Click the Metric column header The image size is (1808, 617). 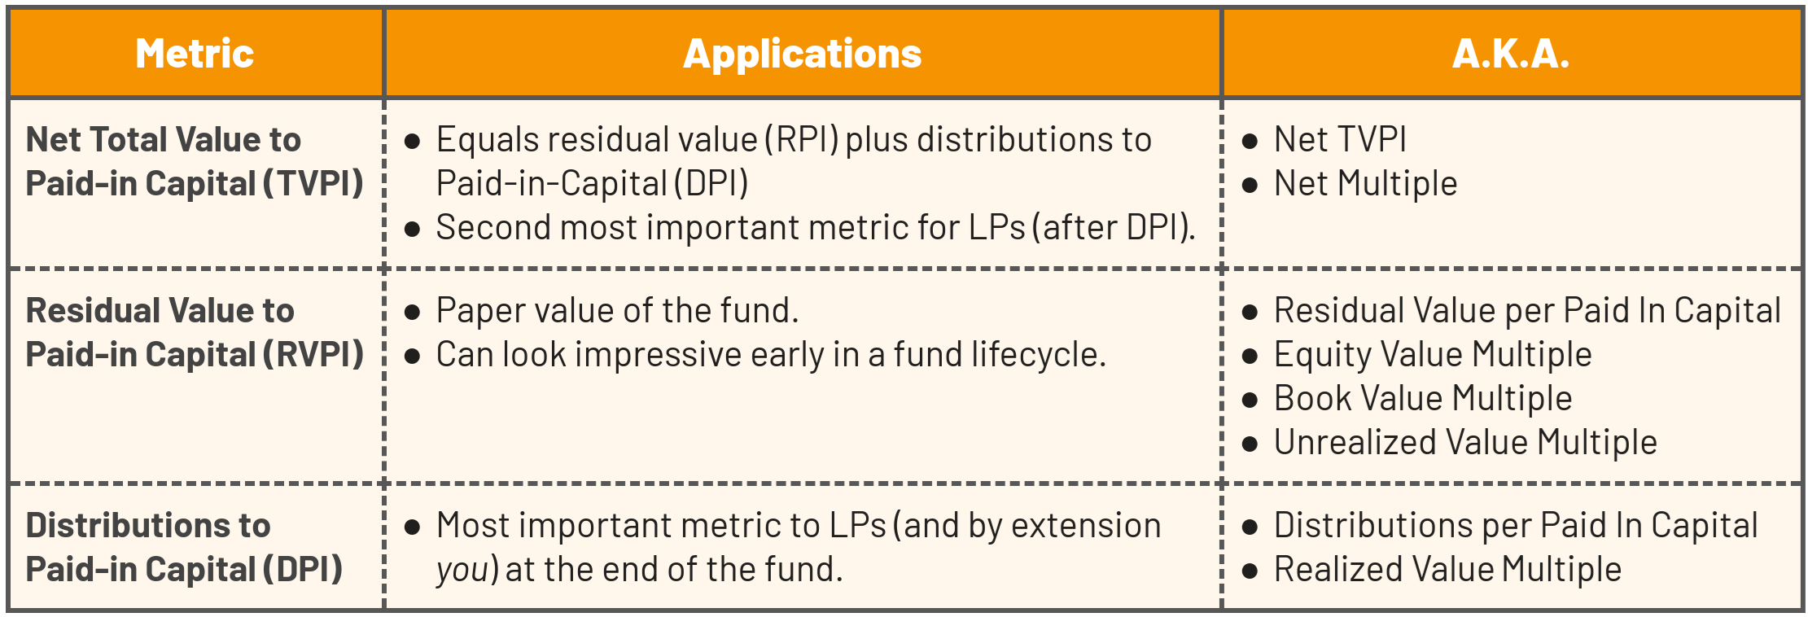coord(195,54)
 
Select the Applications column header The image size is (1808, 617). coord(802,55)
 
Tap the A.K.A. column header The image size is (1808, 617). coord(1511,54)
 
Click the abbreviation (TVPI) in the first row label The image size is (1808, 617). coord(313,183)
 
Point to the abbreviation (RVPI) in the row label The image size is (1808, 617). coord(313,354)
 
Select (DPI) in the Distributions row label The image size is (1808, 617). coord(302,569)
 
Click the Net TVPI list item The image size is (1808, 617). coord(1340,139)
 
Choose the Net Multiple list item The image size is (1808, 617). coord(1365,183)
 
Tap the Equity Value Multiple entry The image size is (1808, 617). coord(1433,354)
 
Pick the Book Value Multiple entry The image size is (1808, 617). coord(1423,398)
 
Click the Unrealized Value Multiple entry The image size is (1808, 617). coord(1465,442)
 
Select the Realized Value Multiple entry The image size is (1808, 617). coord(1447,569)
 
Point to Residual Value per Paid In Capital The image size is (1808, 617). coord(1527,310)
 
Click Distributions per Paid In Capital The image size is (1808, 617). coord(1516,525)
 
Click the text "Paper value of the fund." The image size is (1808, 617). coord(617,310)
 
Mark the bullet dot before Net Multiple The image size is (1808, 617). coord(1250,185)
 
